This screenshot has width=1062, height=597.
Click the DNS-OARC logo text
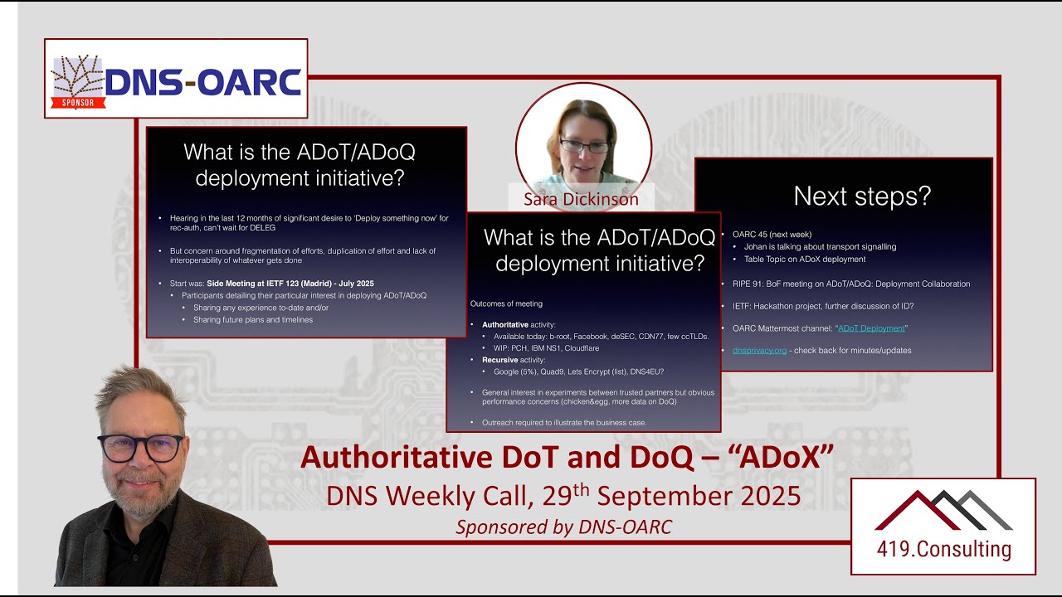[x=203, y=82]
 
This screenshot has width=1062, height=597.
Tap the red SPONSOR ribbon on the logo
[x=78, y=103]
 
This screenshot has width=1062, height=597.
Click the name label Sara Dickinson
[x=581, y=199]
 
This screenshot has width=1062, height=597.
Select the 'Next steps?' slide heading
[x=862, y=196]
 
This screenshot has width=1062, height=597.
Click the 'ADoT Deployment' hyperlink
[x=872, y=328]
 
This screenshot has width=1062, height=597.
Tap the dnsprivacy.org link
[x=759, y=351]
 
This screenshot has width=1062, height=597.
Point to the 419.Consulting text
[x=943, y=549]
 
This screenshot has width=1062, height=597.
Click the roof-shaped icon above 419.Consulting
[x=943, y=509]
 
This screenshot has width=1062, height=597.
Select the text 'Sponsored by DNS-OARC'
[x=563, y=527]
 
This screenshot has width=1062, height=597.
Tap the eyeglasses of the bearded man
[x=140, y=448]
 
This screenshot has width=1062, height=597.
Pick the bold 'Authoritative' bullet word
[x=504, y=324]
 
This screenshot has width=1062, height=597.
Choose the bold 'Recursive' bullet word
[x=500, y=361]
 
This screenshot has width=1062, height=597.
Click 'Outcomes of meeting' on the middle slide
[x=507, y=303]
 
